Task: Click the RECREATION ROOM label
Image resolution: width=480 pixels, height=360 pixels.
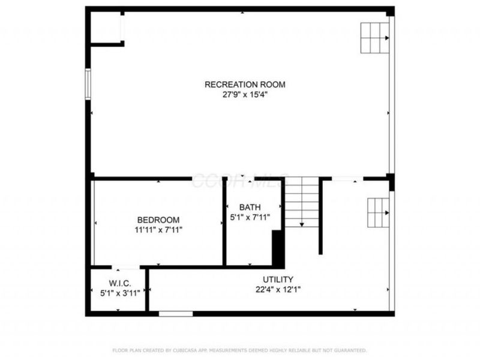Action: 245,85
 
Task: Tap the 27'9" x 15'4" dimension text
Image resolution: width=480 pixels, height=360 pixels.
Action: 245,94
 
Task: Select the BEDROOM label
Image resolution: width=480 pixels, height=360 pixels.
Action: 158,220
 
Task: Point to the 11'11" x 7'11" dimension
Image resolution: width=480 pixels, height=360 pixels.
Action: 158,229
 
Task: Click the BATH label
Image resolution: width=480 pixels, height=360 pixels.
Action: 250,208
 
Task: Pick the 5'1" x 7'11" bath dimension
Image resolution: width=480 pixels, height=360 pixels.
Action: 250,217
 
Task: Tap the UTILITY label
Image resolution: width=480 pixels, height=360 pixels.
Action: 278,280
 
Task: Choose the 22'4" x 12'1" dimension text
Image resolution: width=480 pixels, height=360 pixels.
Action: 278,289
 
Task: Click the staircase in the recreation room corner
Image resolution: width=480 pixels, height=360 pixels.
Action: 374,38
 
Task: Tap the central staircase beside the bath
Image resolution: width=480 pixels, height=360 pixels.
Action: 301,203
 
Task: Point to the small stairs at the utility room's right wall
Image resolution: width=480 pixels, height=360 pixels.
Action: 378,212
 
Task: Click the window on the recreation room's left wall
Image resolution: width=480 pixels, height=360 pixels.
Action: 89,83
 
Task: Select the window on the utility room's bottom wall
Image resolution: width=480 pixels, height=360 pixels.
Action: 176,313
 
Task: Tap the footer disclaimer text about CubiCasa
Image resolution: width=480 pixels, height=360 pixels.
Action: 240,350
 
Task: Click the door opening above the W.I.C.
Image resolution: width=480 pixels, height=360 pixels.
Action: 126,267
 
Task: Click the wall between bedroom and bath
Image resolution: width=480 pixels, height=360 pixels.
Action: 224,222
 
